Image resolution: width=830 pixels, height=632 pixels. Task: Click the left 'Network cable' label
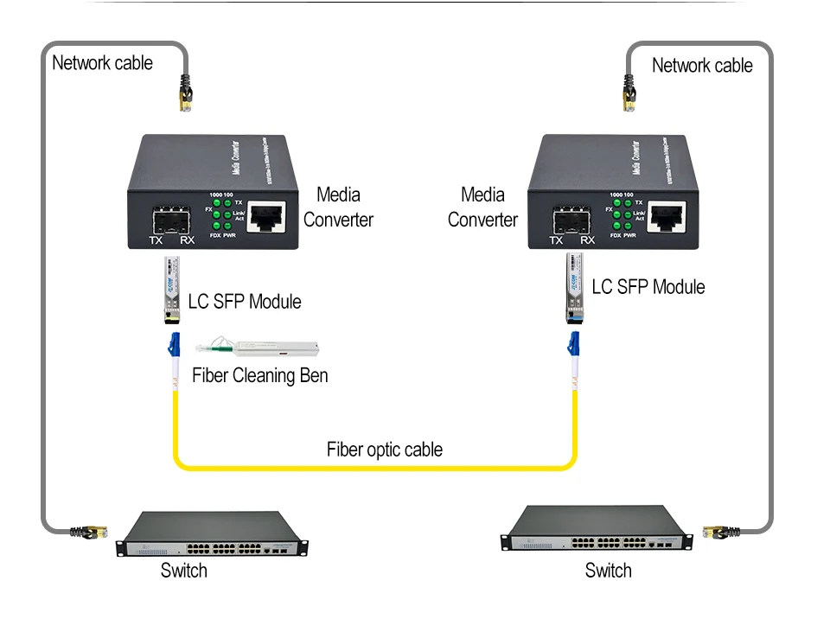pos(102,63)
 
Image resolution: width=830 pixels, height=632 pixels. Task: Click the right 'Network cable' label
pos(701,66)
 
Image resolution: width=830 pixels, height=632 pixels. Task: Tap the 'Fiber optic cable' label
pos(384,450)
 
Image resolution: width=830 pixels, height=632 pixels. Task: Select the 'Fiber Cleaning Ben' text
pos(259,376)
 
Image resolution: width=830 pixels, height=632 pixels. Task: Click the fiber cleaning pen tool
pos(259,348)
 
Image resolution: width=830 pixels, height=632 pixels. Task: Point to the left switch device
pos(213,535)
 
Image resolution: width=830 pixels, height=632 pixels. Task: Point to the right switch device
pos(597,530)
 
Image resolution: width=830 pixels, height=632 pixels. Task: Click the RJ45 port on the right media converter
pos(667,214)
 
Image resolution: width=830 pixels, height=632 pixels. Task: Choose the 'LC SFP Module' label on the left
pos(245,302)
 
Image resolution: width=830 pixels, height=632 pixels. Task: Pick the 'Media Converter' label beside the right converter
pos(482,207)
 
